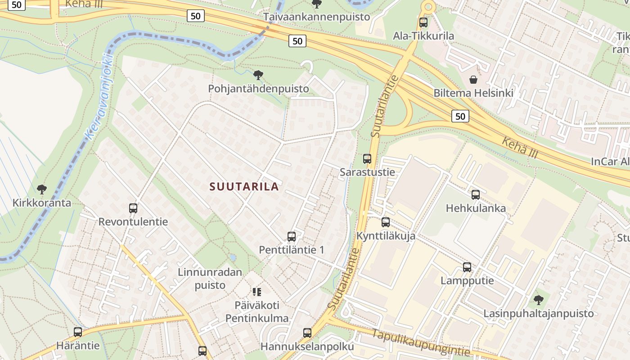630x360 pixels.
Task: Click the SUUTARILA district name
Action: pyautogui.click(x=244, y=186)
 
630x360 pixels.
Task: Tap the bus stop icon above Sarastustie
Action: pyautogui.click(x=367, y=159)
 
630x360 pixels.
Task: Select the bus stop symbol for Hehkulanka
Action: pyautogui.click(x=476, y=195)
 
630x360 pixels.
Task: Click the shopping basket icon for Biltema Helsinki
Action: pyautogui.click(x=473, y=80)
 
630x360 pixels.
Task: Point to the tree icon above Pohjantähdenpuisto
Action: pyautogui.click(x=258, y=75)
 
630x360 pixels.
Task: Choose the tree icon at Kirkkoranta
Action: pyautogui.click(x=42, y=189)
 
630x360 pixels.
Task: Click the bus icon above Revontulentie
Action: pyautogui.click(x=133, y=208)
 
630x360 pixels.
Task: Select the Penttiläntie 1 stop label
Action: pyautogui.click(x=291, y=250)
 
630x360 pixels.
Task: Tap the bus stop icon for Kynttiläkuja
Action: pyautogui.click(x=386, y=222)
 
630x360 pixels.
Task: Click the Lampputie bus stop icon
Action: pyautogui.click(x=467, y=267)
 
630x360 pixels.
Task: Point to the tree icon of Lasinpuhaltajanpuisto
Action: pyautogui.click(x=538, y=300)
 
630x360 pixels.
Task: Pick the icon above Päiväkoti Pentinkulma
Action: pyautogui.click(x=257, y=292)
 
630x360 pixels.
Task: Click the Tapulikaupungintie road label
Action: pyautogui.click(x=421, y=342)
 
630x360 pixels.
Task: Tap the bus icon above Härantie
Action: pyautogui.click(x=78, y=332)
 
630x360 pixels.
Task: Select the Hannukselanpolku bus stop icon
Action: pyautogui.click(x=307, y=333)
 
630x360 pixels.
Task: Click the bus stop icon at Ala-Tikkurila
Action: pyautogui.click(x=423, y=22)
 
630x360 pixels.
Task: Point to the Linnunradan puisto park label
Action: pyautogui.click(x=210, y=279)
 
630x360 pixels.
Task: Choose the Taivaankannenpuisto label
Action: pyautogui.click(x=316, y=17)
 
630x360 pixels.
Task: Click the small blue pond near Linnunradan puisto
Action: pyautogui.click(x=233, y=258)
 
